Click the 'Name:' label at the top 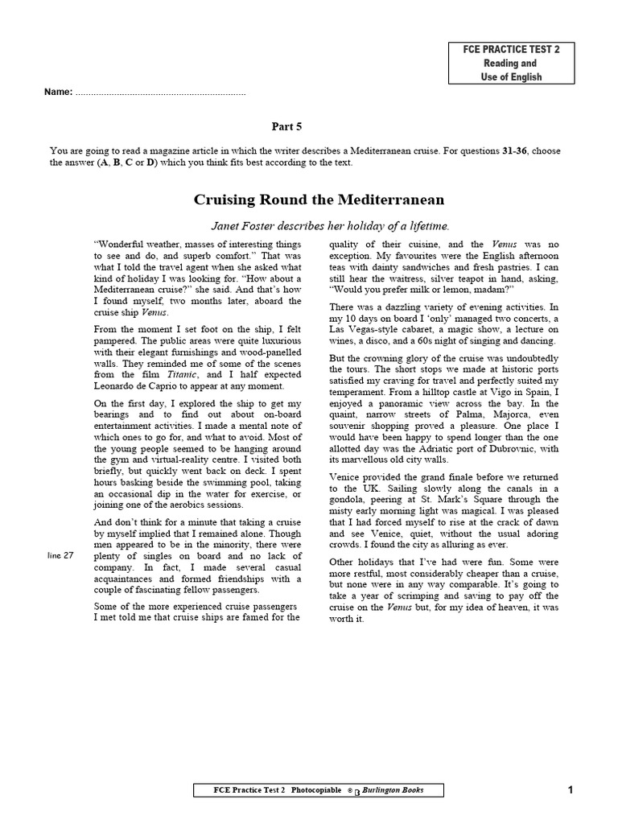[59, 93]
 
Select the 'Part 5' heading [286, 126]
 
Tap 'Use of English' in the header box [512, 77]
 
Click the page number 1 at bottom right [571, 790]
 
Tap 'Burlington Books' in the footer [393, 790]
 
